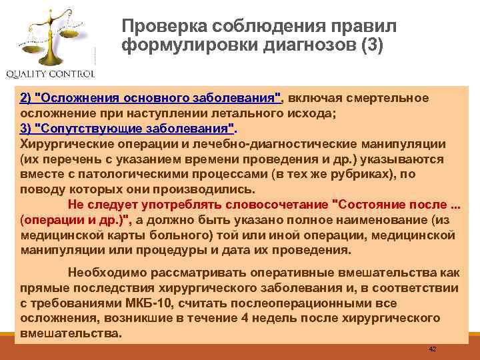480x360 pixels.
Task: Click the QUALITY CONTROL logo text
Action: [50, 73]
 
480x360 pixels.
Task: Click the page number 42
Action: [433, 350]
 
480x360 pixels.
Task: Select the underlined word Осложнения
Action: [78, 99]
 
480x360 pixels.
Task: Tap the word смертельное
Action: [391, 99]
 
